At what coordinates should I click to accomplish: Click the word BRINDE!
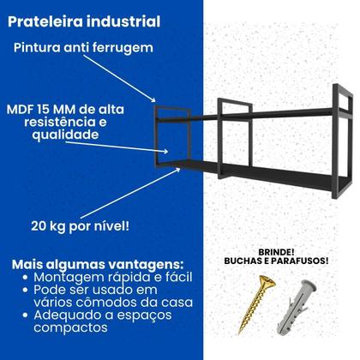coord(277,249)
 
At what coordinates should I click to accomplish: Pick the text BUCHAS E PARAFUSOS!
coord(277,261)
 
